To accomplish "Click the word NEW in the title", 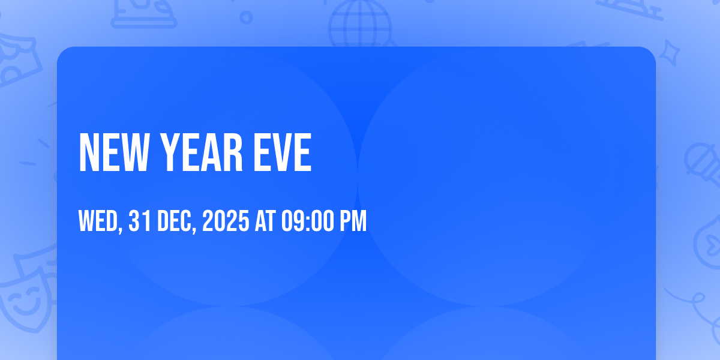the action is click(x=115, y=152).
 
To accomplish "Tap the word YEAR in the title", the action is click(x=201, y=152).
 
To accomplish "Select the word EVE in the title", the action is click(x=283, y=152).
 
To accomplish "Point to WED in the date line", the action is click(x=98, y=221).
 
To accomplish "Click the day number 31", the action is click(x=140, y=221).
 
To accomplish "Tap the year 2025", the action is click(x=226, y=221).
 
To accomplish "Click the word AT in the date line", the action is click(x=265, y=221).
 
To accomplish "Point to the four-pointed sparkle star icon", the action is click(x=669, y=53).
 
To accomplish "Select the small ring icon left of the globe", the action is click(x=246, y=17).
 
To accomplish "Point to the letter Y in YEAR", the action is click(x=170, y=152).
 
